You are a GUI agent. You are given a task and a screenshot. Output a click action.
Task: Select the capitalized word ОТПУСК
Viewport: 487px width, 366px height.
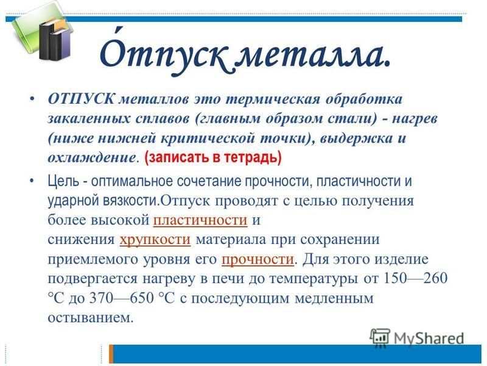(82, 99)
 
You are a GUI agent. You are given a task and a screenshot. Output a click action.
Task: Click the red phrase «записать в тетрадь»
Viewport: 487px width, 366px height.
(213, 157)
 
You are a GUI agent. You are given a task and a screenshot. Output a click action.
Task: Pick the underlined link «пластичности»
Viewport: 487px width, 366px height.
(200, 220)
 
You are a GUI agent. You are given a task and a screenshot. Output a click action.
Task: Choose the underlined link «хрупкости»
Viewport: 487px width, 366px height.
(155, 240)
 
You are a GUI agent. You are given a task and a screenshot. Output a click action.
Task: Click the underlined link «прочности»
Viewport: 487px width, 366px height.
(258, 259)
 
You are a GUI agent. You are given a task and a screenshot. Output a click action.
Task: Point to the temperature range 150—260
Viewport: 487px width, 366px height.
(416, 278)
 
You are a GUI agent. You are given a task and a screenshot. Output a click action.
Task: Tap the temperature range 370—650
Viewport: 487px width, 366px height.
(121, 298)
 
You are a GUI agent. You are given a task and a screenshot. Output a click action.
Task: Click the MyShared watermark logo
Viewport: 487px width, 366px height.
(417, 337)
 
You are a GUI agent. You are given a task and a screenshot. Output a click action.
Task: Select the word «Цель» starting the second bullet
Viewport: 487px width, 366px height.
(63, 181)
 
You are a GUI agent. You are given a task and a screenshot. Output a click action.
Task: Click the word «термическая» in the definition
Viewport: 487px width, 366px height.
(272, 99)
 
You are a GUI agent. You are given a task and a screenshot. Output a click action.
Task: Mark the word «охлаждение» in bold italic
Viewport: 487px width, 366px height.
(91, 157)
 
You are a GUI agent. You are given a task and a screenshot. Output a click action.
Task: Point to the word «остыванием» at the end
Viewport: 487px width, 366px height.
(90, 317)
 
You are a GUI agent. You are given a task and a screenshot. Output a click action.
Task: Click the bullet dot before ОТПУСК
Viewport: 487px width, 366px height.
(32, 99)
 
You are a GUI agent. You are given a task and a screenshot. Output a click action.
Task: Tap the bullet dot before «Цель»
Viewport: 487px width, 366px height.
(32, 181)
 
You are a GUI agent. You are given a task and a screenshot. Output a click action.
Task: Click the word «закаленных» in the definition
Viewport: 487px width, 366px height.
(88, 118)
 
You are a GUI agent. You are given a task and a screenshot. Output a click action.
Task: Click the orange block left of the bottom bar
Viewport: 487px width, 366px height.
(111, 354)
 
